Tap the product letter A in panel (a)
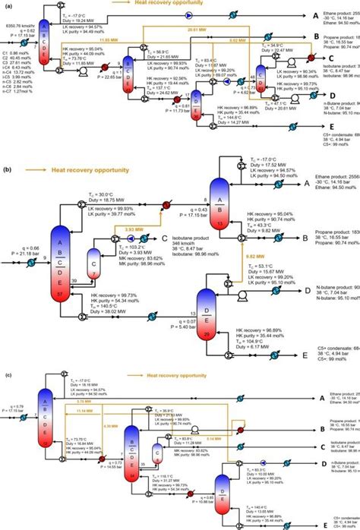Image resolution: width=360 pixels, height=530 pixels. coord(294,15)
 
